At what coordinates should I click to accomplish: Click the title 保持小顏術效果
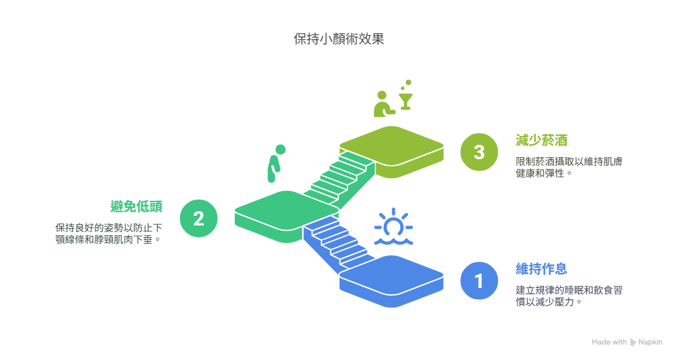(x=339, y=39)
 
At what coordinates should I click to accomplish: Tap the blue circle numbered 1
(x=479, y=281)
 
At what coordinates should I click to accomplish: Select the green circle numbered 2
(x=199, y=218)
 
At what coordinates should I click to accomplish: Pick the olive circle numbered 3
(x=479, y=152)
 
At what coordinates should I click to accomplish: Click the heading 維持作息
(x=542, y=269)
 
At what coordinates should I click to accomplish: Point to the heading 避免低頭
(x=136, y=207)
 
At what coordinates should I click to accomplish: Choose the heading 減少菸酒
(x=542, y=140)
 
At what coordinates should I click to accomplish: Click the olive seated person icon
(x=384, y=104)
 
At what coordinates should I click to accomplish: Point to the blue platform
(x=392, y=281)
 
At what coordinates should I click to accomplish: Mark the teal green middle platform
(x=286, y=216)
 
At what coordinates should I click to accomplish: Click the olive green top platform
(x=392, y=152)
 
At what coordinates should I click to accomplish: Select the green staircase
(x=339, y=179)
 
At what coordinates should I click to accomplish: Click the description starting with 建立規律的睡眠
(x=569, y=296)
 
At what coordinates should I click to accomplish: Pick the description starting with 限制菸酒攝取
(x=569, y=168)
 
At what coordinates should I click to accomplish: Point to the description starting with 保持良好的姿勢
(x=108, y=234)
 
